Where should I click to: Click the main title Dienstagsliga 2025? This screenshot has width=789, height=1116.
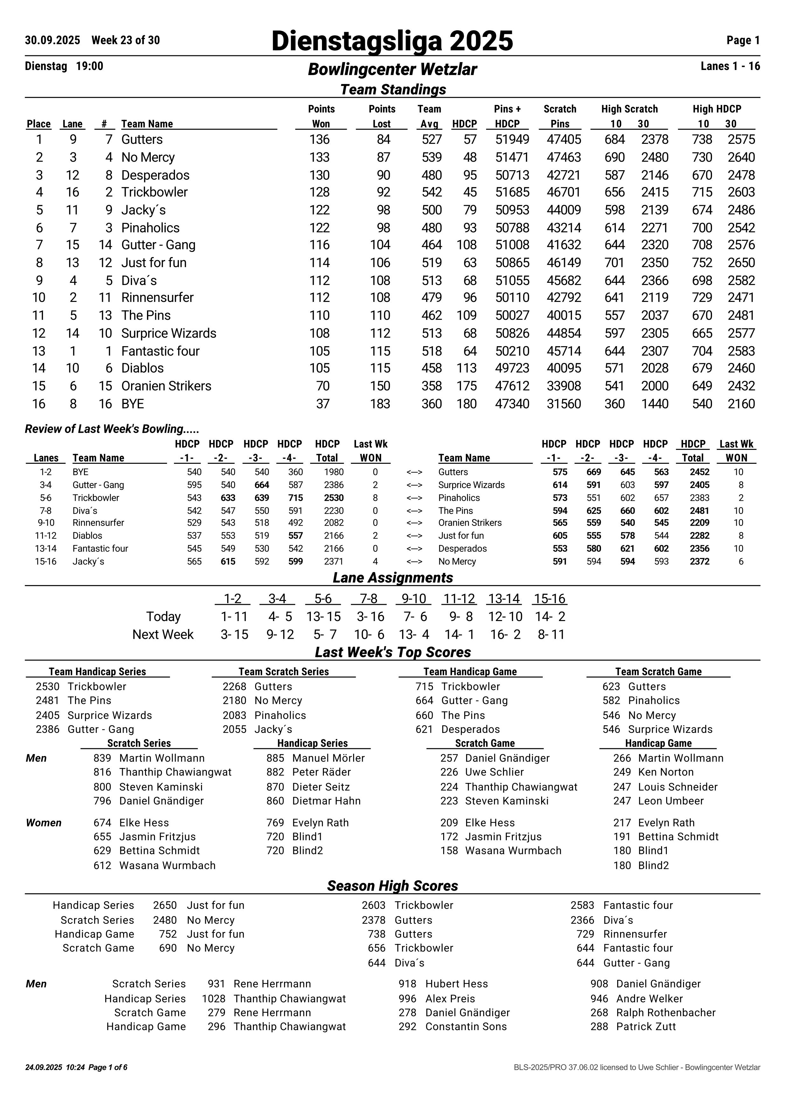(392, 41)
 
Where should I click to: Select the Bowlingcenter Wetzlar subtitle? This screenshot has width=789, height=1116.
(392, 69)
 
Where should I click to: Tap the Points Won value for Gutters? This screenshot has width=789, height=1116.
(319, 139)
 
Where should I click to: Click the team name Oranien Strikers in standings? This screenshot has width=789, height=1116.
(166, 386)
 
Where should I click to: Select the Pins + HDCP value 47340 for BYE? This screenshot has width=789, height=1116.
(512, 404)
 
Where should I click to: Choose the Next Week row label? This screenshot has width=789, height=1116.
(163, 634)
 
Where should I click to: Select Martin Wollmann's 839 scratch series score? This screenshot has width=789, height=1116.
(102, 758)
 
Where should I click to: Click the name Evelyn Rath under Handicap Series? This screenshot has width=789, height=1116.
(320, 823)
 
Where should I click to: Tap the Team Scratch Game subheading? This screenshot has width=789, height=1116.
(658, 672)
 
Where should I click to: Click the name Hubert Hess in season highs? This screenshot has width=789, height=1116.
(457, 984)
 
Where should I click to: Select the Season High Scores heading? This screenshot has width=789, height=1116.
(392, 886)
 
